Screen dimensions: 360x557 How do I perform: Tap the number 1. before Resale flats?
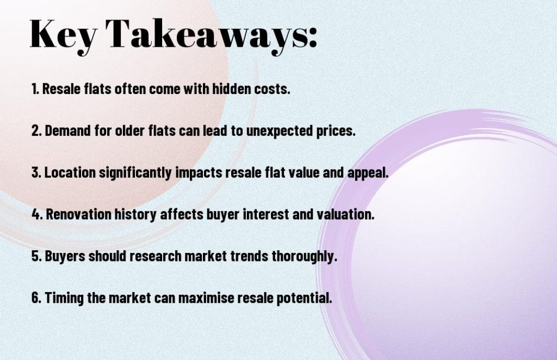pyautogui.click(x=35, y=89)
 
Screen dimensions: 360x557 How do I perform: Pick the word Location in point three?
pyautogui.click(x=68, y=173)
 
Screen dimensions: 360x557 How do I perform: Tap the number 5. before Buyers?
pyautogui.click(x=37, y=256)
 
